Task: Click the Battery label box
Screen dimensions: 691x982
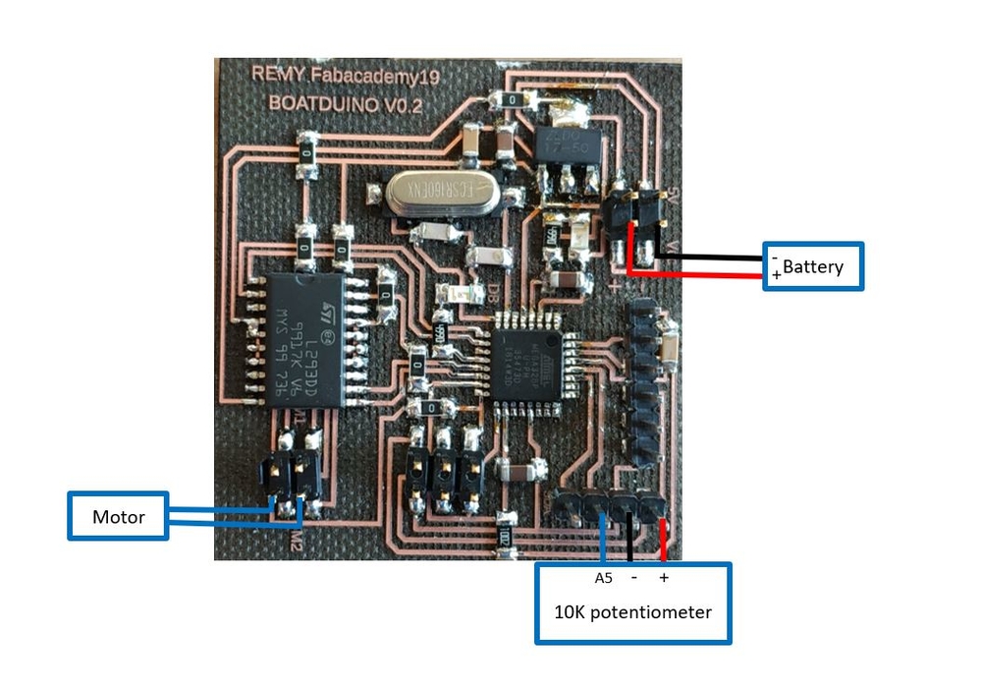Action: click(x=814, y=265)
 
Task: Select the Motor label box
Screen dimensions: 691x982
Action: click(x=118, y=516)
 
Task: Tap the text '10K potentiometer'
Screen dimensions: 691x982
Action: click(x=632, y=611)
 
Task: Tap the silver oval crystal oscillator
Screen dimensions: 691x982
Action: click(x=433, y=194)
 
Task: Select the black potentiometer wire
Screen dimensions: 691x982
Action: click(x=630, y=536)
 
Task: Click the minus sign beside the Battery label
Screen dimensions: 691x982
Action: click(x=775, y=258)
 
